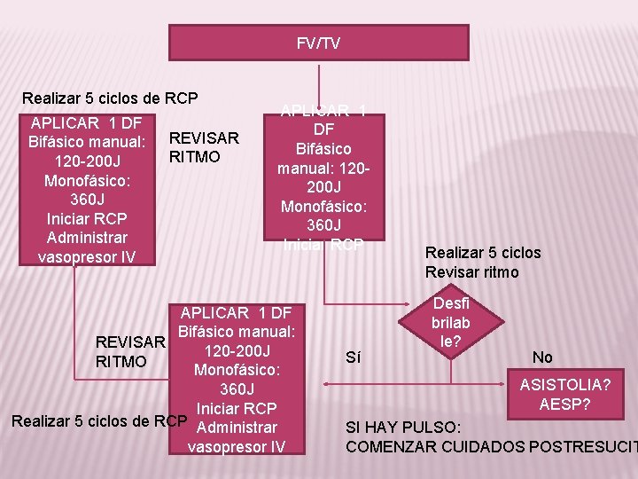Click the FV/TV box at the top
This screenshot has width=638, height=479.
(319, 43)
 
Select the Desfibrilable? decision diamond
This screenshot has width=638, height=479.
(451, 324)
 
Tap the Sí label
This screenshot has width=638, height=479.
(353, 357)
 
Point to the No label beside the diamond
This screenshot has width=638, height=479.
(542, 357)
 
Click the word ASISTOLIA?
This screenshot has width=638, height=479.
(565, 385)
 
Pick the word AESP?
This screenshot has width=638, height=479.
(566, 404)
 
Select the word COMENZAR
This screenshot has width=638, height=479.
(386, 446)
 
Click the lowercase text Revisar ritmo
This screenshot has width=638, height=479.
(471, 272)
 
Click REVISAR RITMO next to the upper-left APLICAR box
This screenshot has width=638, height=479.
(204, 147)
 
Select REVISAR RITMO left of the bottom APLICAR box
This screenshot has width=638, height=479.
(130, 352)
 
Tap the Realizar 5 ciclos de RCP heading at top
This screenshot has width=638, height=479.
(110, 98)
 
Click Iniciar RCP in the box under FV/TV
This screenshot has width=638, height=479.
(323, 246)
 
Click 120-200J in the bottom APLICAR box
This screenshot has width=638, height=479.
(236, 350)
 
